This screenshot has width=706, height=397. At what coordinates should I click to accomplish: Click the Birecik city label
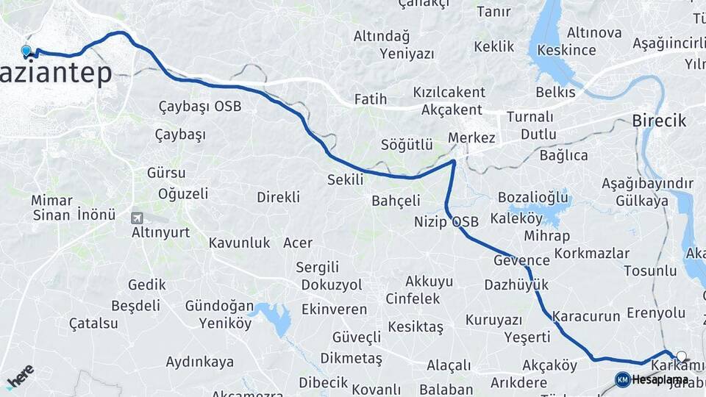(659, 121)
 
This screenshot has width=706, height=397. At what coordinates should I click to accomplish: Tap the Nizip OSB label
(446, 221)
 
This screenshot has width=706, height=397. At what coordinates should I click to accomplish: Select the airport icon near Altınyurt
(136, 218)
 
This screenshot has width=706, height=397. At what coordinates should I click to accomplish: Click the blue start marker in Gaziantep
(26, 51)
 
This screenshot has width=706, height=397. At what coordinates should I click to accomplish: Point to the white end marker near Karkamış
(681, 357)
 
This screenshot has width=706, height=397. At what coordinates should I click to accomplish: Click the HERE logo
(20, 376)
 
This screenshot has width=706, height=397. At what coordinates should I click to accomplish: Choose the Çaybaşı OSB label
(200, 107)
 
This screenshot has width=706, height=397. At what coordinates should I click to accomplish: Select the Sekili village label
(346, 179)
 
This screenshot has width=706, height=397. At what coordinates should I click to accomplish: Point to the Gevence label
(521, 260)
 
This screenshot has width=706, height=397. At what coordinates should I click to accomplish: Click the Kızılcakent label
(449, 93)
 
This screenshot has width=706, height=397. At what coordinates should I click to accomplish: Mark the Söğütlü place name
(407, 145)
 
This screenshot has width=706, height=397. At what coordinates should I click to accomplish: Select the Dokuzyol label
(331, 284)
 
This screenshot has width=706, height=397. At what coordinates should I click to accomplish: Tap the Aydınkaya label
(200, 362)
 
